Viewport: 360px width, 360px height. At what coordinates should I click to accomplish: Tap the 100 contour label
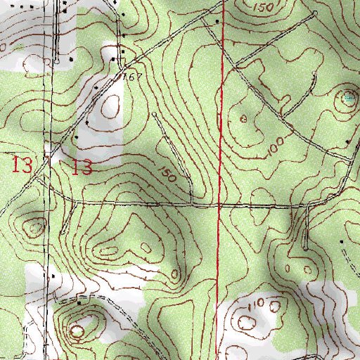[x=277, y=146]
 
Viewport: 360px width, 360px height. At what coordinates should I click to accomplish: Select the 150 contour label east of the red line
[x=264, y=7]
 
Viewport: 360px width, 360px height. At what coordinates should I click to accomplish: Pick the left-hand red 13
[x=22, y=166]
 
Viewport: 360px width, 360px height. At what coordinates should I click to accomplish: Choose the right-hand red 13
[x=82, y=167]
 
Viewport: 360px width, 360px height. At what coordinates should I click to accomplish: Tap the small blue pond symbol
[x=349, y=98]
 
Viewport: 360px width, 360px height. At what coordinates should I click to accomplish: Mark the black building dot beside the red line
[x=217, y=22]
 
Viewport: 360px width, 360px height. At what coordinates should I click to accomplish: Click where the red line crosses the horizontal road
[x=219, y=205]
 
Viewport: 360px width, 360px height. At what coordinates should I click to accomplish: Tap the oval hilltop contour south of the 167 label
[x=110, y=107]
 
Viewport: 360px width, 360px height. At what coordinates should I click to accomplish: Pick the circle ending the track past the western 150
[x=154, y=113]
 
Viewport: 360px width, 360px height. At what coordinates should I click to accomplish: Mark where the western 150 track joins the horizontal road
[x=192, y=205]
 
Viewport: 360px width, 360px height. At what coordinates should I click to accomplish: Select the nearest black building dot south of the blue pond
[x=347, y=142]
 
